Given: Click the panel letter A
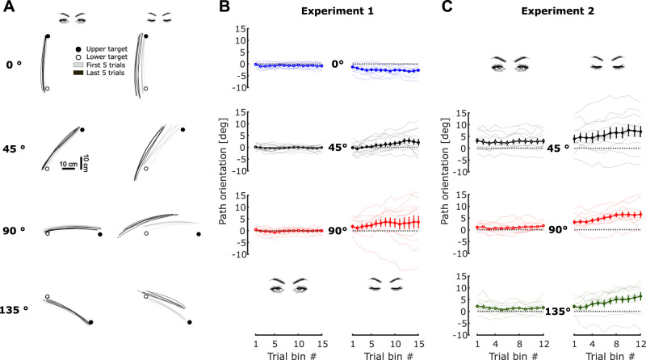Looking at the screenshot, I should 7,8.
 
